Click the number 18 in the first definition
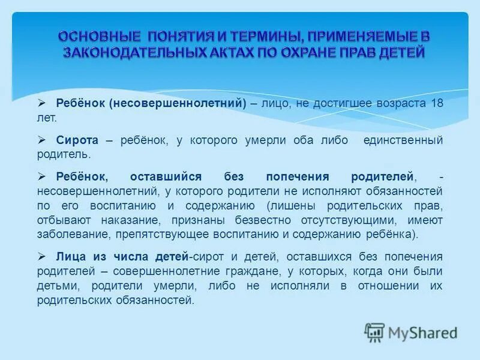436,103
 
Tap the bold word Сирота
77,140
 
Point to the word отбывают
64,220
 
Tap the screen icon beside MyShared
375,332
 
